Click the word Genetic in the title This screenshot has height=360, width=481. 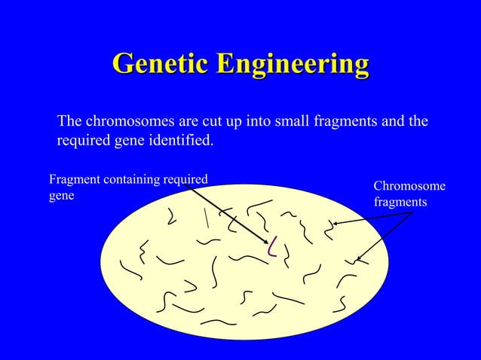(160, 65)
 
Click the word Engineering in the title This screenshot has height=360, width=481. (293, 65)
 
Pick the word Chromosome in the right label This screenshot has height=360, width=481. (409, 187)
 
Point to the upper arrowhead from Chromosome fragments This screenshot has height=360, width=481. (335, 223)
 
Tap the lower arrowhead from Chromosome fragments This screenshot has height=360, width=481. (358, 261)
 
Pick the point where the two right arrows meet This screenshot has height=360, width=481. (412, 214)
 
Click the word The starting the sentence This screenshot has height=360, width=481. (70, 121)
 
